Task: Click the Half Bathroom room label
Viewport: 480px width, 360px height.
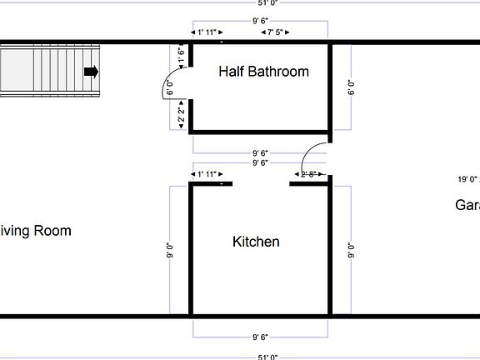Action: [263, 72]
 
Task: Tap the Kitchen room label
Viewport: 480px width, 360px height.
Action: [256, 242]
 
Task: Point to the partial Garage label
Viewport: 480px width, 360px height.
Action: [467, 205]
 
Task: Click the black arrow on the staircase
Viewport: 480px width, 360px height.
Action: [91, 72]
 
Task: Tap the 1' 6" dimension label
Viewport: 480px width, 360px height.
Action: [182, 55]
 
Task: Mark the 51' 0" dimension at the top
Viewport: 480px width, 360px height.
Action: [267, 3]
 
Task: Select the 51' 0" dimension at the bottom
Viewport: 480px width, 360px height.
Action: [267, 357]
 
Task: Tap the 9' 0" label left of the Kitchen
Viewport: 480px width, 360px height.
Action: [170, 249]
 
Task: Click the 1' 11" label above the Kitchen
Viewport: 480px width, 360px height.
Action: [206, 174]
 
